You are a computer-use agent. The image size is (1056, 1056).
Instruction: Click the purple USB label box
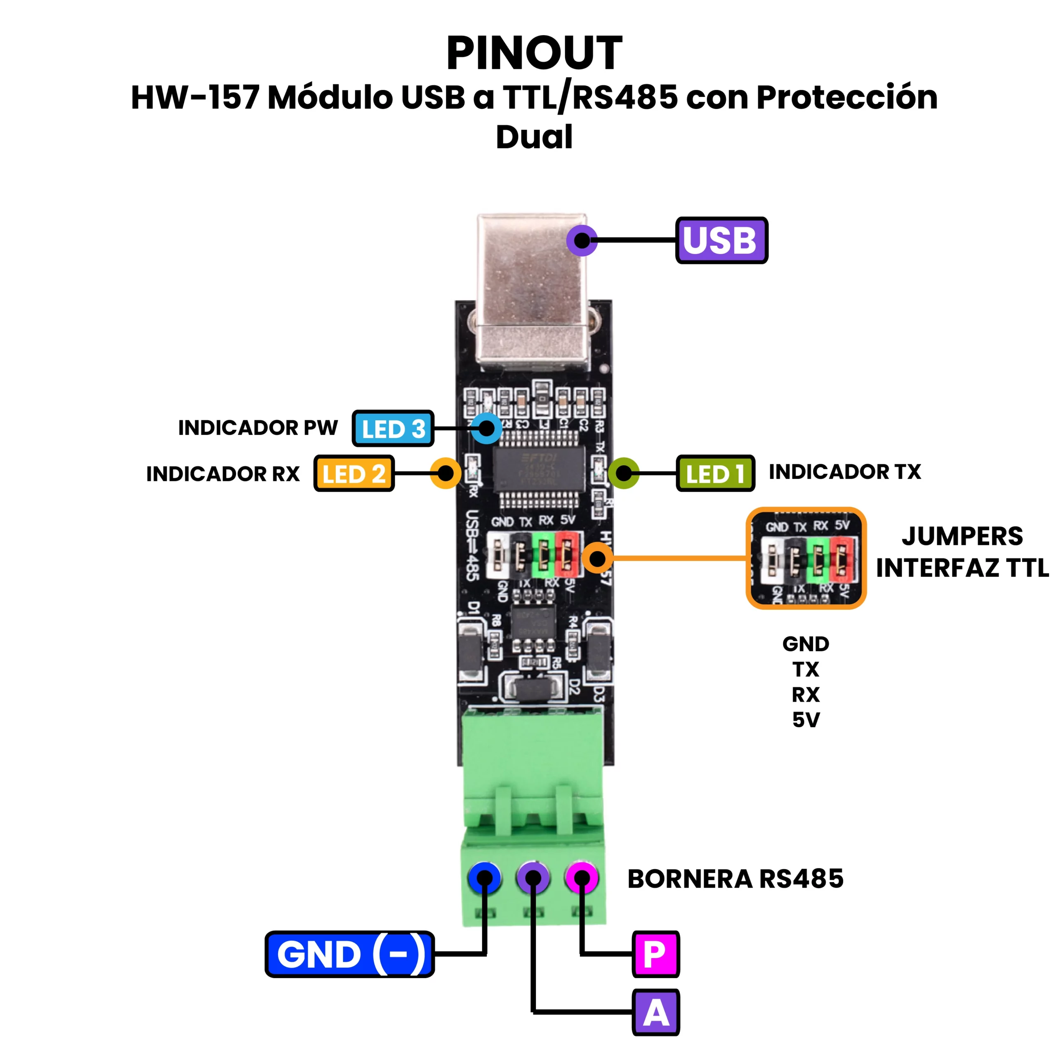721,240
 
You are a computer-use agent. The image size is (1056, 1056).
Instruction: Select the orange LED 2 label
354,473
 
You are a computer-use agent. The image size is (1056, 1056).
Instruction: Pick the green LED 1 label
715,473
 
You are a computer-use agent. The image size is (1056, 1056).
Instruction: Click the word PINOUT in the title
534,53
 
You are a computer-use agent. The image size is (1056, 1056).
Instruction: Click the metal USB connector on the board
532,290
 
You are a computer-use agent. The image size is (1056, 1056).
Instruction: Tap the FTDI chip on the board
538,469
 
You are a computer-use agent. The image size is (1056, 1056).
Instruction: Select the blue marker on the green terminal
484,878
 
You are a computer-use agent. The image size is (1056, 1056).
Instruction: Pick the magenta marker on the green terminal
582,878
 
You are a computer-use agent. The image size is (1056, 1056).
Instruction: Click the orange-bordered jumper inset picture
806,558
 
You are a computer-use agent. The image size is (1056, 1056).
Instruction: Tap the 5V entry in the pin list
806,720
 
